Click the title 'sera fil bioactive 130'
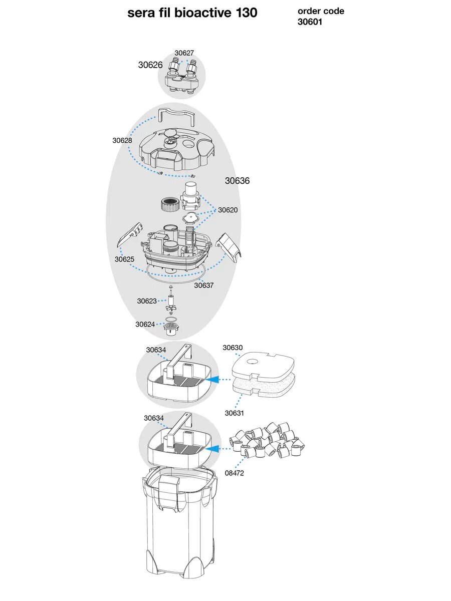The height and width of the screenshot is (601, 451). click(x=192, y=13)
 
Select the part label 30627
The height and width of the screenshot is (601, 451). click(x=184, y=53)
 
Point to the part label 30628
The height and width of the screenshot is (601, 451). click(x=122, y=141)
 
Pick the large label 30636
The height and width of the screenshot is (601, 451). click(x=237, y=181)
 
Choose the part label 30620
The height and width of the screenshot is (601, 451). click(x=228, y=210)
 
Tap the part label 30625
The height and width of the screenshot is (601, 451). click(x=124, y=259)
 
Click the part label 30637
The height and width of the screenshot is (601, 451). click(x=204, y=285)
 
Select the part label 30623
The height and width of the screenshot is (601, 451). click(x=147, y=301)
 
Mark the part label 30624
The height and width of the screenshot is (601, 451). click(x=145, y=325)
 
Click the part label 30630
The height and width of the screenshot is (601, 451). click(x=233, y=348)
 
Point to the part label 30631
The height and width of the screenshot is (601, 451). click(x=235, y=413)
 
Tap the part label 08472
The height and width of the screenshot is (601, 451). click(x=234, y=473)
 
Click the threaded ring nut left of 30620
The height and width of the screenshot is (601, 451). click(x=168, y=204)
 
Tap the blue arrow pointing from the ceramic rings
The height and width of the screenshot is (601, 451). click(x=214, y=449)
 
